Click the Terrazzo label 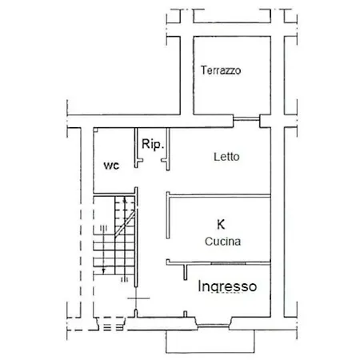click(221, 70)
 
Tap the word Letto click(226, 157)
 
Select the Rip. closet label click(152, 144)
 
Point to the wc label click(111, 166)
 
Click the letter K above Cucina click(221, 224)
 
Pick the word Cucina click(223, 242)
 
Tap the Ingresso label click(227, 286)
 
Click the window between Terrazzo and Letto click(246, 118)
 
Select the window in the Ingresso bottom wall click(214, 326)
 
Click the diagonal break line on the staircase click(125, 223)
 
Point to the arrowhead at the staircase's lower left click(104, 271)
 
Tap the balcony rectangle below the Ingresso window click(210, 342)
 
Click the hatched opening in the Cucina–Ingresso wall click(228, 263)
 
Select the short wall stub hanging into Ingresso click(186, 272)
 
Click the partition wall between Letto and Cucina click(218, 196)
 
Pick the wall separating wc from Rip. click(136, 148)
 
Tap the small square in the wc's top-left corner click(96, 130)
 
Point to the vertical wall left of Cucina click(168, 215)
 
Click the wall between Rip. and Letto click(168, 150)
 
